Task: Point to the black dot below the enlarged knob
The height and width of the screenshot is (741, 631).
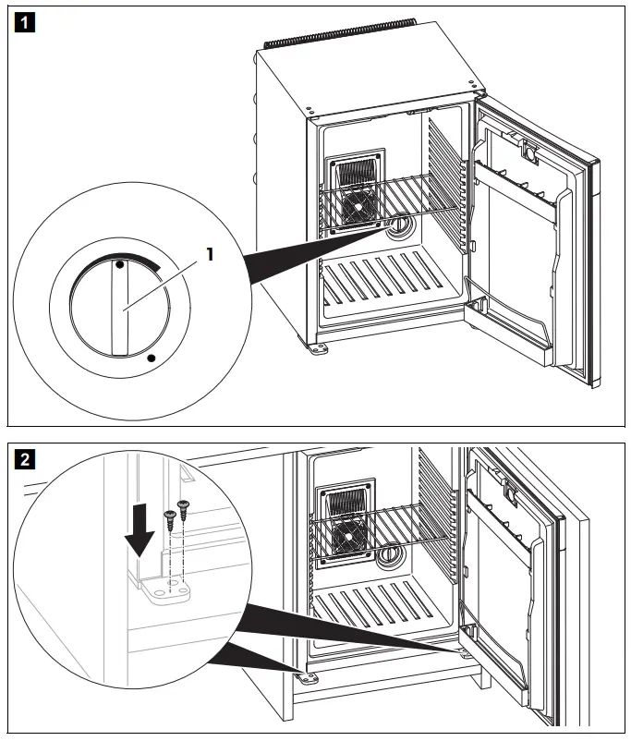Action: click(151, 355)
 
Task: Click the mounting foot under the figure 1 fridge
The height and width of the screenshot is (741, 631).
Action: click(319, 350)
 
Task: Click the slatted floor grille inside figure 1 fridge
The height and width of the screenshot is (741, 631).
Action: click(388, 282)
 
